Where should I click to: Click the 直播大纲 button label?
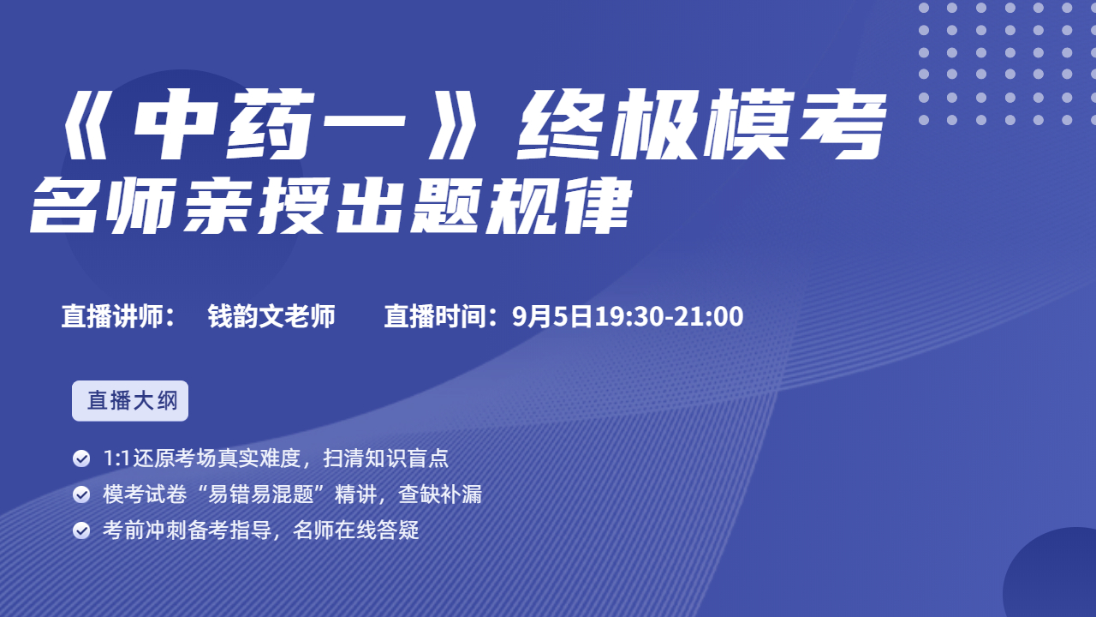pos(132,400)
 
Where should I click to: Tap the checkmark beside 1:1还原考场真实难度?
pos(81,458)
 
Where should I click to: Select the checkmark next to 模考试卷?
pos(81,494)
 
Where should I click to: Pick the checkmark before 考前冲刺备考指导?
pos(81,530)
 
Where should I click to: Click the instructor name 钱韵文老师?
pos(271,316)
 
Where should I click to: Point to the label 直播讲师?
pos(112,316)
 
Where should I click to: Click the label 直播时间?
pos(435,316)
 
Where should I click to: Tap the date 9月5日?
pos(552,316)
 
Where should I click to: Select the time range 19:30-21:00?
pos(669,316)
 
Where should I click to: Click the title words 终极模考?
pos(701,124)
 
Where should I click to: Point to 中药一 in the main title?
pos(269,124)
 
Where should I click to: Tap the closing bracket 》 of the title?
pos(451,124)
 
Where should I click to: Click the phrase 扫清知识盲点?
pos(385,458)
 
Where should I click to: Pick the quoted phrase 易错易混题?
pos(260,494)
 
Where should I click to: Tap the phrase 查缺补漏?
pos(440,494)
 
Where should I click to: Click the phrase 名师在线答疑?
pos(355,530)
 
